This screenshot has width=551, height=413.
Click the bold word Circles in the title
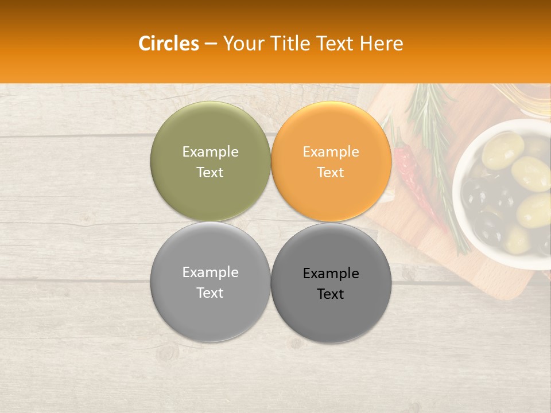tap(168, 44)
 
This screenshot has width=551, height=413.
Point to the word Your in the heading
tap(244, 44)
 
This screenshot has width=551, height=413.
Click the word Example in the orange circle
tap(331, 151)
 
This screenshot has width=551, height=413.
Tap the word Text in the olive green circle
tap(210, 172)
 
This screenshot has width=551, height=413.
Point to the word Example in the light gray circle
tap(210, 272)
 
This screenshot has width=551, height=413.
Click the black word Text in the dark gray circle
tap(331, 294)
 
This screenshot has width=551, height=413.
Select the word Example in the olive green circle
tap(210, 151)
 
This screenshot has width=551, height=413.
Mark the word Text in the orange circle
tap(331, 172)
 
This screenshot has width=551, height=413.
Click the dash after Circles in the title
tap(211, 44)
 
